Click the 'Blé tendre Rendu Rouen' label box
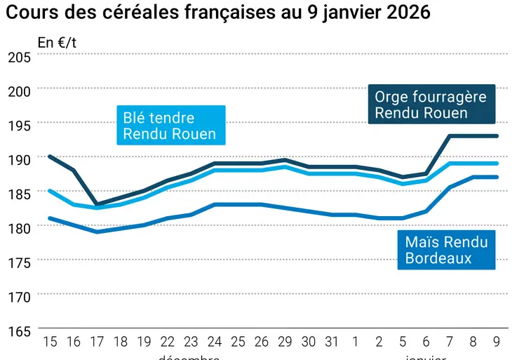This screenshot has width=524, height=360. pos(170,126)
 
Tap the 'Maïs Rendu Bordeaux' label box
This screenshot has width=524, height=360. pos(446,250)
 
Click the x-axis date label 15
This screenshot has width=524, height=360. pos(50,342)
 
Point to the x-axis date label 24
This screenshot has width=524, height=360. pos(215,342)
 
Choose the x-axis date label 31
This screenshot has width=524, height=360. pos(332,342)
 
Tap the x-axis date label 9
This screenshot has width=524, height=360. pos(497,342)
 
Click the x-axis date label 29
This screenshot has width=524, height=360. pos(285,342)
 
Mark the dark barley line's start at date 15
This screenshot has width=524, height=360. pos(50,156)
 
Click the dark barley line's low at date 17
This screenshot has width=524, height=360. pos(97,204)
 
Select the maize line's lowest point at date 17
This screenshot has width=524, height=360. pos(97,232)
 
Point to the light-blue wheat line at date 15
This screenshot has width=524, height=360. pos(50,190)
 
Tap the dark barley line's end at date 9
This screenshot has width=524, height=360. pos(497,136)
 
